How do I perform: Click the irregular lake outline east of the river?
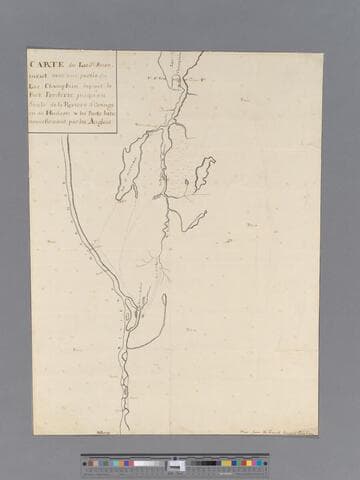coord(203,172)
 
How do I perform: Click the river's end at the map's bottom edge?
coord(124,430)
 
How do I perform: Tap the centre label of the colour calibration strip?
coord(175,463)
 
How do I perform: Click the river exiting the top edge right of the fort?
coord(196,58)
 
